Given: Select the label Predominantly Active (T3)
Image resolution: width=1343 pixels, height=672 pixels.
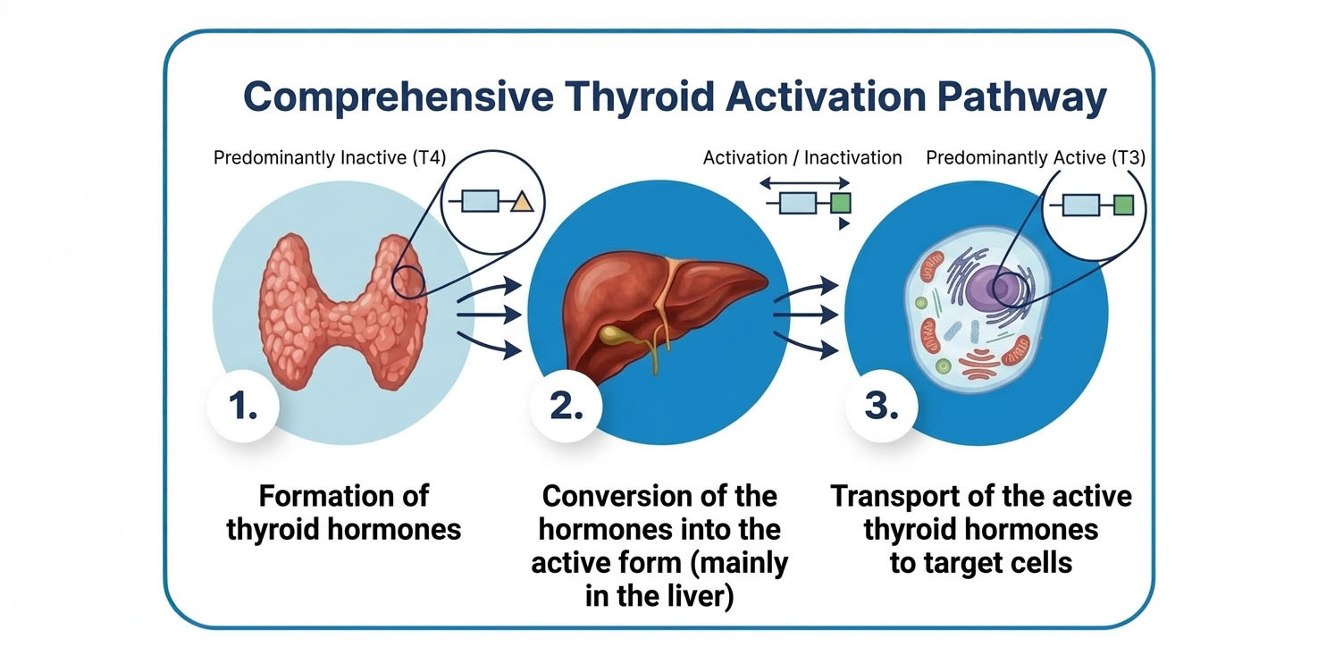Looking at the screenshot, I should (x=1035, y=158).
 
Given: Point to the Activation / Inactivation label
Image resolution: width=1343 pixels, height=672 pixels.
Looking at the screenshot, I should (x=802, y=158).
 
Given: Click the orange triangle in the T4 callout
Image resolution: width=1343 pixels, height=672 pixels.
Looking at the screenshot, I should (x=522, y=203).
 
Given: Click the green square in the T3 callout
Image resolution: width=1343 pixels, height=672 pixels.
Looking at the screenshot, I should (x=1123, y=206).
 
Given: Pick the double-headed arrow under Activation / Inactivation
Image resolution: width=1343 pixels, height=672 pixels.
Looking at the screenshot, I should (x=802, y=181).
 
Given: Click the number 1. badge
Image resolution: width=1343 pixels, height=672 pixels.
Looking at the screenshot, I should (x=242, y=407).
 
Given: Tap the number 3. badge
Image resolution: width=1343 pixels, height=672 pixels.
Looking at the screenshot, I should (x=880, y=407).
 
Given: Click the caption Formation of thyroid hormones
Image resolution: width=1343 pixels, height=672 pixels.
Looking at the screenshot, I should (x=343, y=512).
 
